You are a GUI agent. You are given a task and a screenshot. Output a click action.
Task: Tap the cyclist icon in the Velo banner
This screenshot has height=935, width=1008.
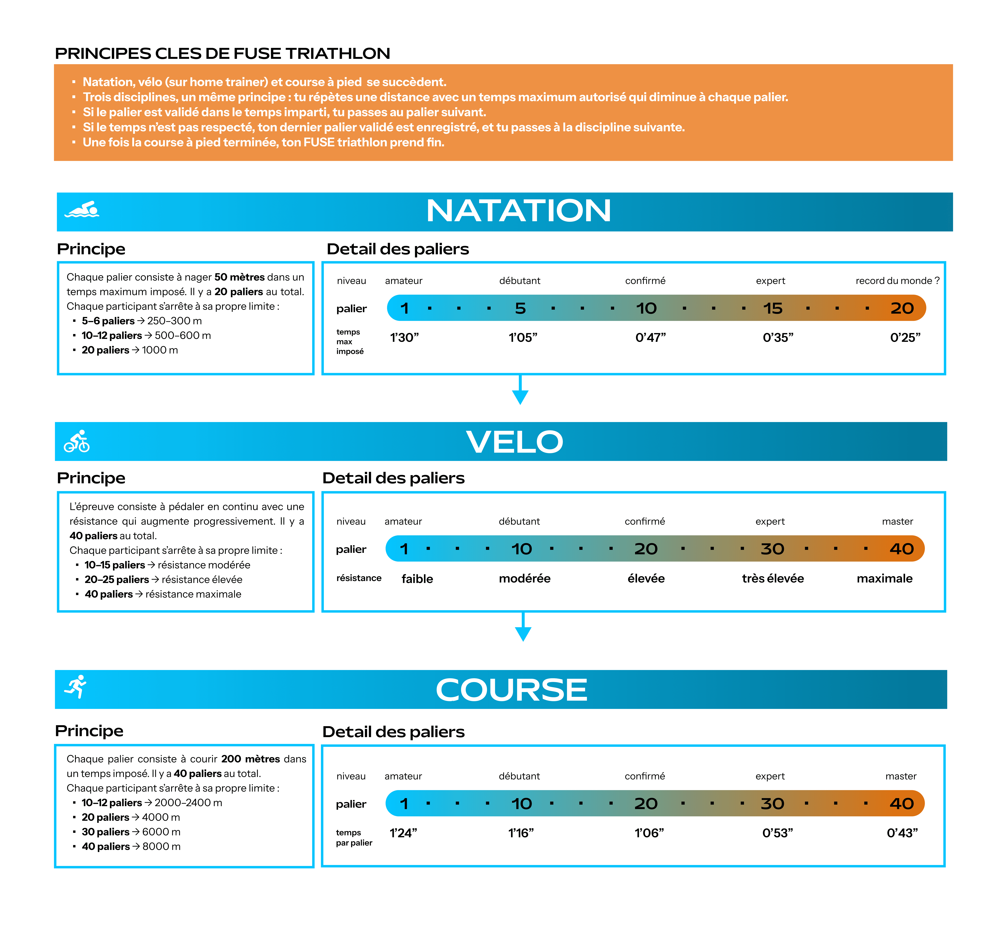pyautogui.click(x=77, y=441)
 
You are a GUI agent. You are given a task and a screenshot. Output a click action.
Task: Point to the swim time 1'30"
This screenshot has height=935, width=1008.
pyautogui.click(x=404, y=337)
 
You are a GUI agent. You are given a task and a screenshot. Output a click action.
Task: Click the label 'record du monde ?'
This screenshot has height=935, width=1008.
pyautogui.click(x=897, y=281)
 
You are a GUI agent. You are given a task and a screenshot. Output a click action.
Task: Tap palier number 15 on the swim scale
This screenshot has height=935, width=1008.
pyautogui.click(x=773, y=308)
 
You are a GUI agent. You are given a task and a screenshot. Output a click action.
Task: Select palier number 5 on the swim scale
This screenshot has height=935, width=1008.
pyautogui.click(x=520, y=308)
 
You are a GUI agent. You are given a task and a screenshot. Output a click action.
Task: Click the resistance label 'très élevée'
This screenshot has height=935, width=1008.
pyautogui.click(x=773, y=578)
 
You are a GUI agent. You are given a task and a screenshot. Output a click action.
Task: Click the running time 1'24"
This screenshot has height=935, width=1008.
pyautogui.click(x=403, y=833)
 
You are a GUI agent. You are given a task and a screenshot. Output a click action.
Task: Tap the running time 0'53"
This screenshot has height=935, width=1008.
pyautogui.click(x=777, y=833)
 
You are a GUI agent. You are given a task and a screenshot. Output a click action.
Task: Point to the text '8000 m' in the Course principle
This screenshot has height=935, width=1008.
pyautogui.click(x=161, y=847)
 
